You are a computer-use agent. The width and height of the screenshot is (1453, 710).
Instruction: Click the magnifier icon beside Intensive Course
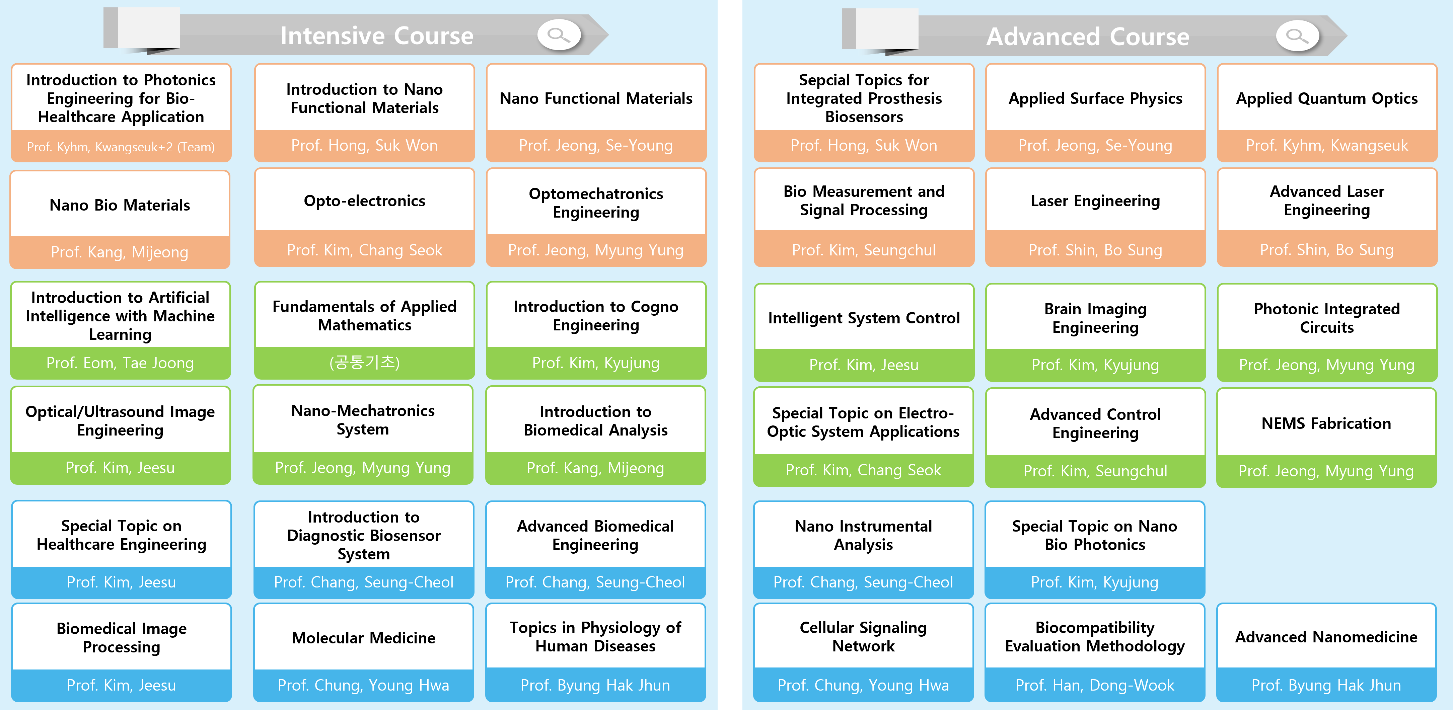coord(559,35)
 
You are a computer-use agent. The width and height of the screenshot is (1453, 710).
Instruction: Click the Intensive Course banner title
coord(377,35)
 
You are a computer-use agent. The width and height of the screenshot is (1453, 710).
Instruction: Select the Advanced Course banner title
coord(1088,37)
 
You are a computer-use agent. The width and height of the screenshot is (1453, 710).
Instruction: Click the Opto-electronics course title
coord(364,201)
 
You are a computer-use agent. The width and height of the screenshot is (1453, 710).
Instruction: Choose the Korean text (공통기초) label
coord(364,362)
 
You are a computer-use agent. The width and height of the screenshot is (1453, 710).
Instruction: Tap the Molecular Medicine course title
coord(364,638)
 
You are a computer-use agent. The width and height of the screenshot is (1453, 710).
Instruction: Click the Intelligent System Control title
coord(864,318)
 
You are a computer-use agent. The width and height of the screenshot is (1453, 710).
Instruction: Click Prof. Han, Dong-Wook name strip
coord(1095,685)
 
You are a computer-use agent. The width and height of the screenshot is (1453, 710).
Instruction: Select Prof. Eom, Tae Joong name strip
coord(120,363)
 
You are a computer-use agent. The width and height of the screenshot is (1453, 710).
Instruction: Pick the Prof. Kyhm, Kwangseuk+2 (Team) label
coord(121,147)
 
